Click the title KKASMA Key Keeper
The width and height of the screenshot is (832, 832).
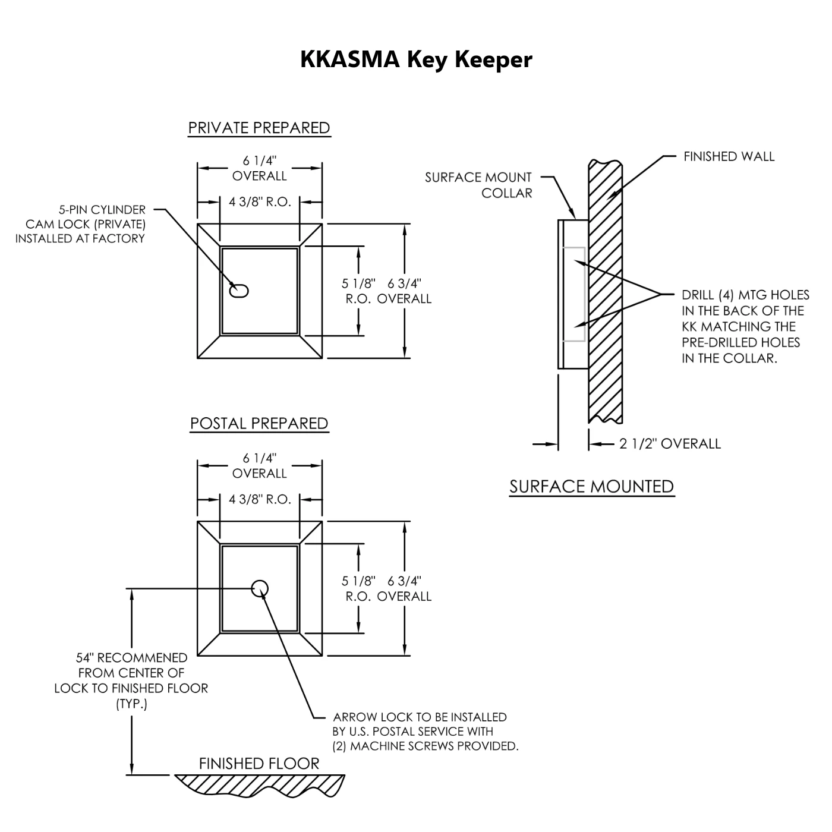coord(416,59)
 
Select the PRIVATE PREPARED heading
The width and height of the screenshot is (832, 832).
coord(259,128)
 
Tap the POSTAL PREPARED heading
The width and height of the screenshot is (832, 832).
coord(259,424)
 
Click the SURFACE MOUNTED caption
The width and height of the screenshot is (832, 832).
coord(591,487)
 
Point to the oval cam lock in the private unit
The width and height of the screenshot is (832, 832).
coord(239,291)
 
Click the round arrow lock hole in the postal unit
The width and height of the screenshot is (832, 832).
coord(260,588)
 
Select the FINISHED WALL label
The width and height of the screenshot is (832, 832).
coord(729,157)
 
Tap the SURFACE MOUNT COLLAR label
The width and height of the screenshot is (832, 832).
coord(479,185)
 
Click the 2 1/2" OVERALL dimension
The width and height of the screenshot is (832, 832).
coord(670,444)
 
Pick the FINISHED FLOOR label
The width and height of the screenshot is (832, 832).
coord(259,764)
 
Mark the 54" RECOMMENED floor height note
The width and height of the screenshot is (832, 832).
coord(131,680)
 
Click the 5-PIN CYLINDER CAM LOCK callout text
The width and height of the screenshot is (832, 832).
coord(81,224)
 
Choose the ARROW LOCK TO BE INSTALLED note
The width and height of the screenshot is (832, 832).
coord(425,732)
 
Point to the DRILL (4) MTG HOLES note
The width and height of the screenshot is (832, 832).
coord(745,326)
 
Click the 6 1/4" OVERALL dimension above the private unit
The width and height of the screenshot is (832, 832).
coord(260,168)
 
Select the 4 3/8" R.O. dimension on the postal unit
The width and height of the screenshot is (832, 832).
coord(260,499)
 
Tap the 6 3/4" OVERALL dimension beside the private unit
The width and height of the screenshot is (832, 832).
coord(405,291)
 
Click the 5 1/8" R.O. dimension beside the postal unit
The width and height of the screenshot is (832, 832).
coord(359,588)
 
